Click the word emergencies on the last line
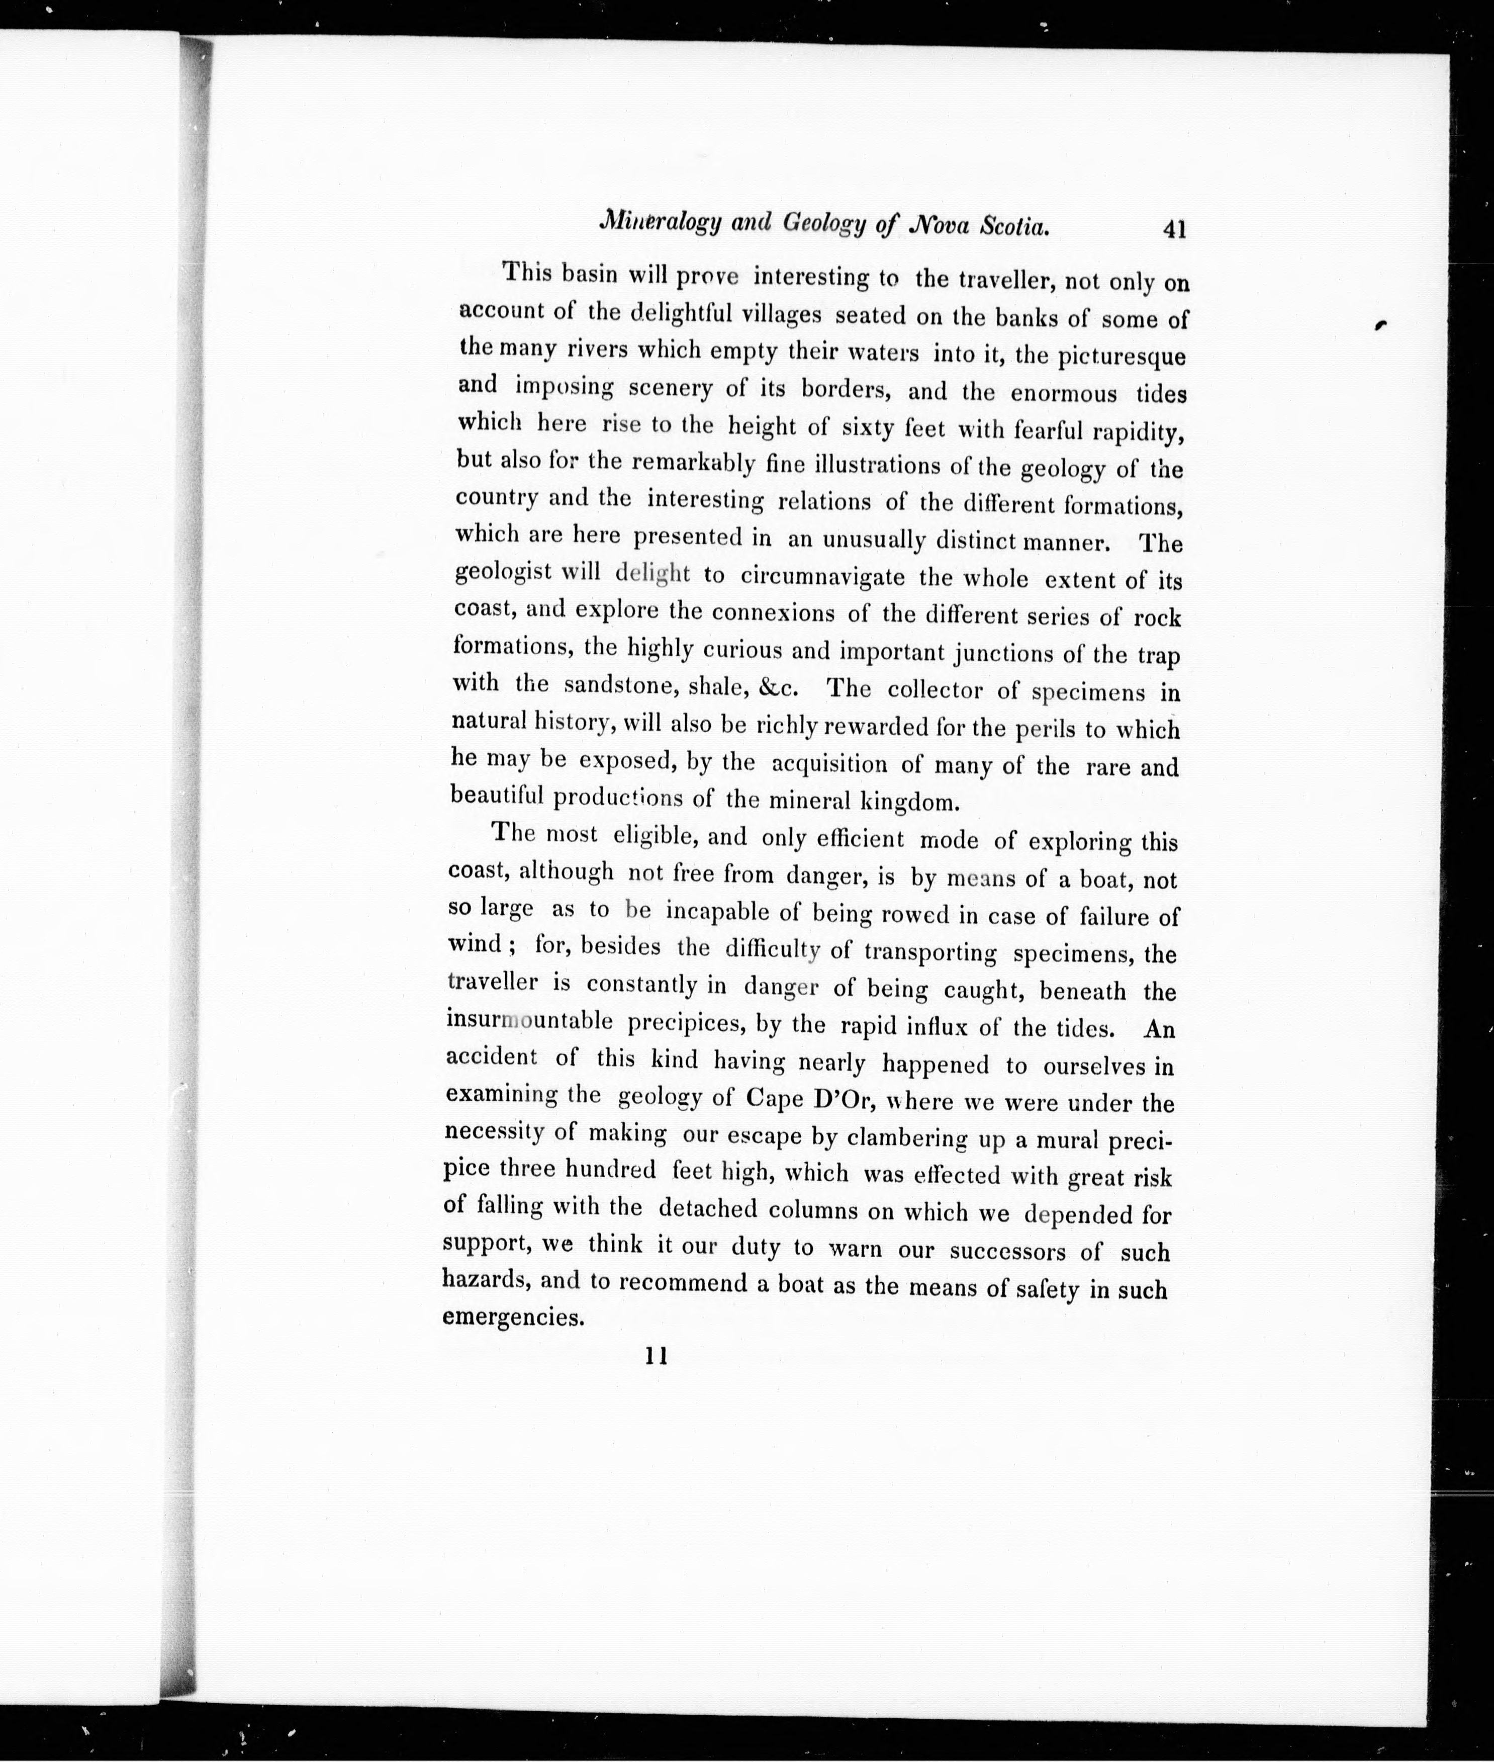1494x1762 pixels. pyautogui.click(x=513, y=1318)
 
